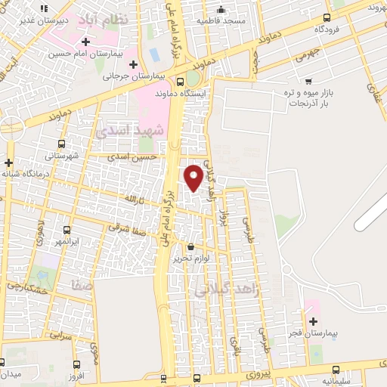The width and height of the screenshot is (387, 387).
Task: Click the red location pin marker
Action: tap(193, 177)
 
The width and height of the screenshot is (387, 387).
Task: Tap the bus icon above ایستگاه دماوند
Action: tap(180, 81)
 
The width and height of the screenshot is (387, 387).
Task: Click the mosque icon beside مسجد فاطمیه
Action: tap(221, 9)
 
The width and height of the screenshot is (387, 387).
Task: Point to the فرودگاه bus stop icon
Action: tap(327, 17)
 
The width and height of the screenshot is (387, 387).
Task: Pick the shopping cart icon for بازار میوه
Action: tap(308, 80)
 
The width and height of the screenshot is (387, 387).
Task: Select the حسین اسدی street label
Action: tap(132, 156)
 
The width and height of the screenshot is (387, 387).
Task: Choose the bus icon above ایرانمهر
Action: tap(67, 229)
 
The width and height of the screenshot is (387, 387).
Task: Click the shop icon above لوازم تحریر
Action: tap(190, 246)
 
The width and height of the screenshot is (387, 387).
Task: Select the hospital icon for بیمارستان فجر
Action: tap(312, 321)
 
